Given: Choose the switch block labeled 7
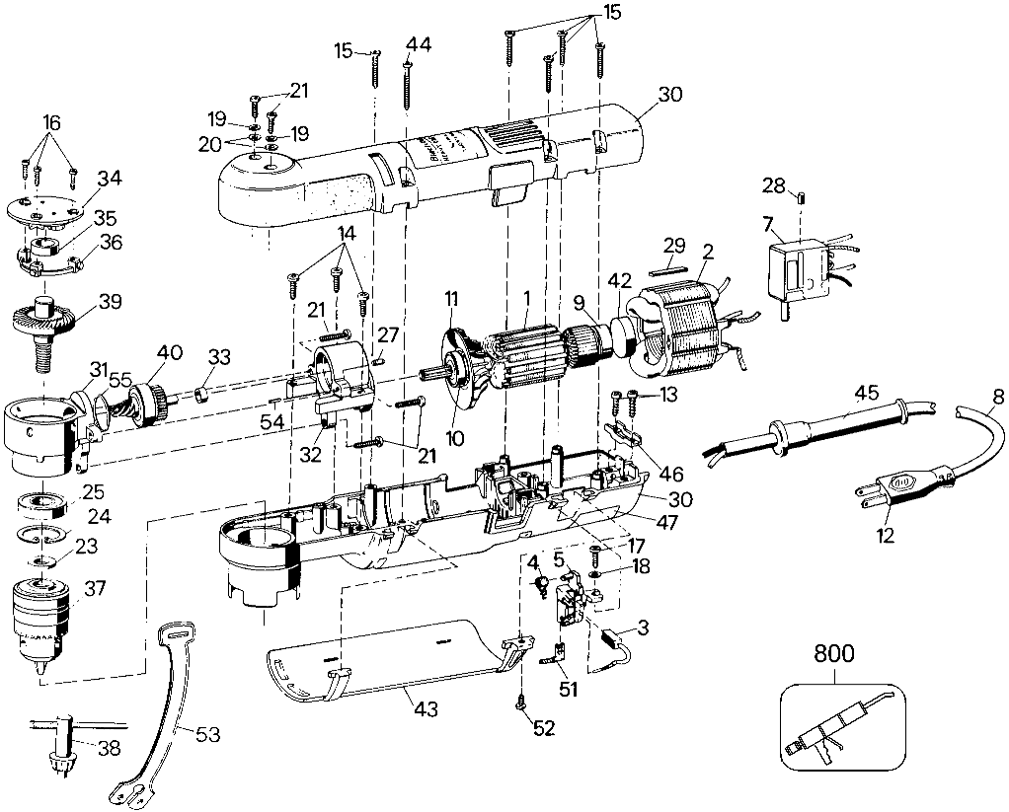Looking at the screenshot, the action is point(801,272).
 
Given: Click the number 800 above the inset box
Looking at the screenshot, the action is point(834,654).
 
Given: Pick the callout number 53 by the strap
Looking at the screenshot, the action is point(207,734).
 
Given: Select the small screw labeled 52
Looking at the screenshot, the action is point(520,705).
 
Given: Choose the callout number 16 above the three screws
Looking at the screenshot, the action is point(51,122).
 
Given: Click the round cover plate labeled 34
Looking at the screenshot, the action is point(45,211).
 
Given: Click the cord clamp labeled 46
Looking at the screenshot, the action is point(624,433).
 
